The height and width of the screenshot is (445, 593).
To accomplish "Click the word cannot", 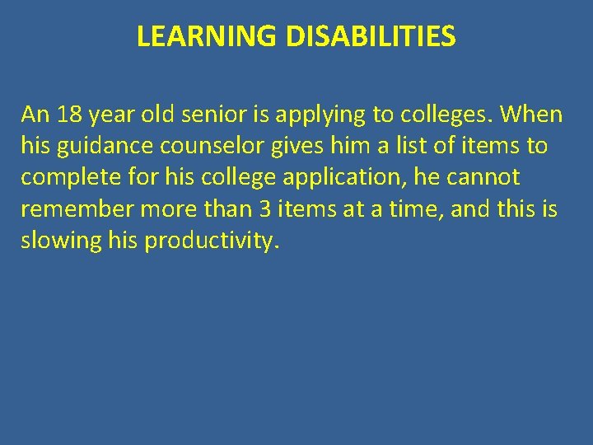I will pyautogui.click(x=483, y=178).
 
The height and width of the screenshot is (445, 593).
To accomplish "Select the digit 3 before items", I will pyautogui.click(x=265, y=210).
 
